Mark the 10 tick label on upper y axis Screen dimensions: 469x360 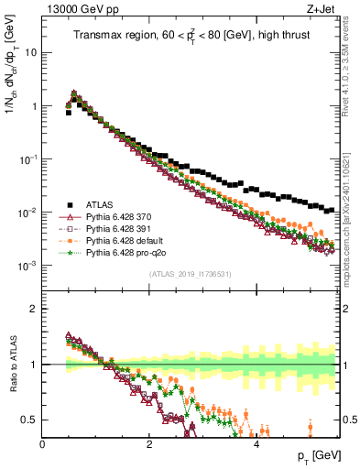[x=31, y=52]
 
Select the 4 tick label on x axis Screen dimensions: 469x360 [x=256, y=443]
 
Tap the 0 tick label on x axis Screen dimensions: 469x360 [x=42, y=443]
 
